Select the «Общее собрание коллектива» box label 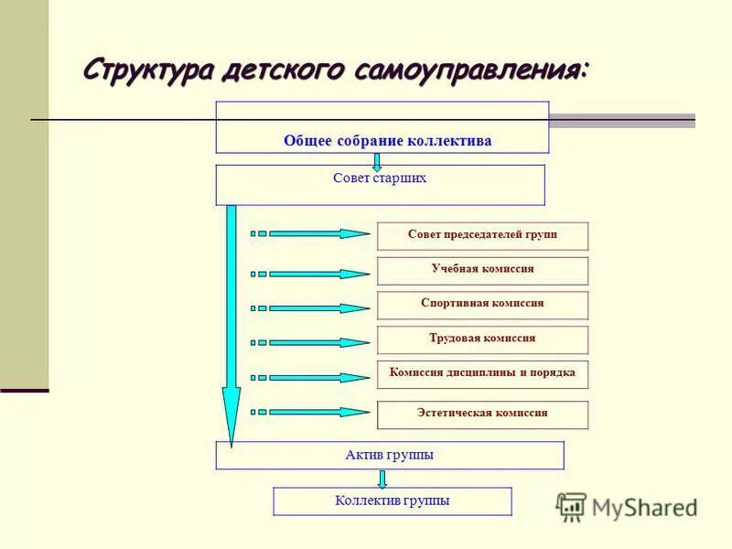[387, 141]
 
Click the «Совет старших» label [380, 178]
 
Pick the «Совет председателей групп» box [482, 235]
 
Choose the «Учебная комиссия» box [482, 270]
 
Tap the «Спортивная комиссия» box [482, 304]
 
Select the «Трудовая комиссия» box [482, 339]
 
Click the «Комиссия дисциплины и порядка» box [482, 373]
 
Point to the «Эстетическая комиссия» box [482, 414]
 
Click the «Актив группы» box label [390, 455]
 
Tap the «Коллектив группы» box [393, 501]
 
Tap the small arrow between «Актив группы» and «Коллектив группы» [382, 479]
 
